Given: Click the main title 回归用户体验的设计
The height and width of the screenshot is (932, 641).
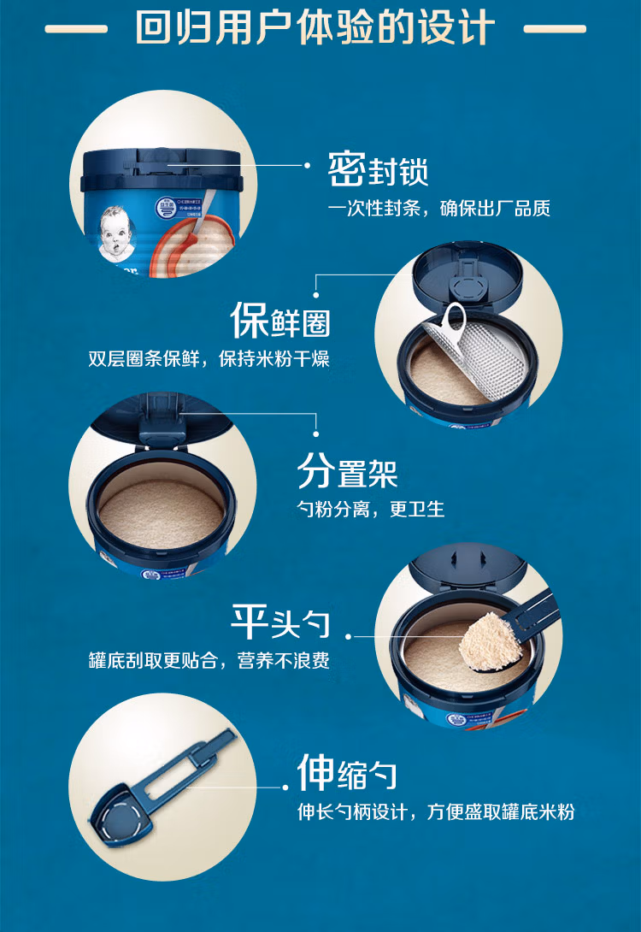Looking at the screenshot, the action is click(x=315, y=27).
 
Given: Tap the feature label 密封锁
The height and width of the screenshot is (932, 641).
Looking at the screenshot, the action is click(x=378, y=169).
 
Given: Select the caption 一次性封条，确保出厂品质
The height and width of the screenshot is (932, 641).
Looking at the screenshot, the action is click(x=439, y=208).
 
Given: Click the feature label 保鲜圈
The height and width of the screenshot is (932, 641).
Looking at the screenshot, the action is click(x=279, y=320).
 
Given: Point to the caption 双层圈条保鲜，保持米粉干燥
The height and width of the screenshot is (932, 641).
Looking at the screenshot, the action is click(x=209, y=359).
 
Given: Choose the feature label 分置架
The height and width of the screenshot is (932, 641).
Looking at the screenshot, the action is click(x=348, y=471).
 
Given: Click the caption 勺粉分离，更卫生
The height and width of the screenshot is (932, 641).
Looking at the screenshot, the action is click(x=371, y=510).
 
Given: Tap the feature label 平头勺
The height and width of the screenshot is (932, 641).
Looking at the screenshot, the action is click(x=279, y=622).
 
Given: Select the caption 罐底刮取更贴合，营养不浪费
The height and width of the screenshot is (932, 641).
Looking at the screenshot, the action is click(x=209, y=660).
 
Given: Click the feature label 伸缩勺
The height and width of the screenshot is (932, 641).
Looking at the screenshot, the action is click(x=348, y=773).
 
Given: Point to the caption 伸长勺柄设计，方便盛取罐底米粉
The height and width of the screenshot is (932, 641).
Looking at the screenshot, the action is click(x=436, y=811).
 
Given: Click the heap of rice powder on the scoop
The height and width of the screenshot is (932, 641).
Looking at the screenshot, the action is click(x=490, y=642).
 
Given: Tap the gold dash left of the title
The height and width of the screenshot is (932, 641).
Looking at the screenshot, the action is click(x=76, y=28).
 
